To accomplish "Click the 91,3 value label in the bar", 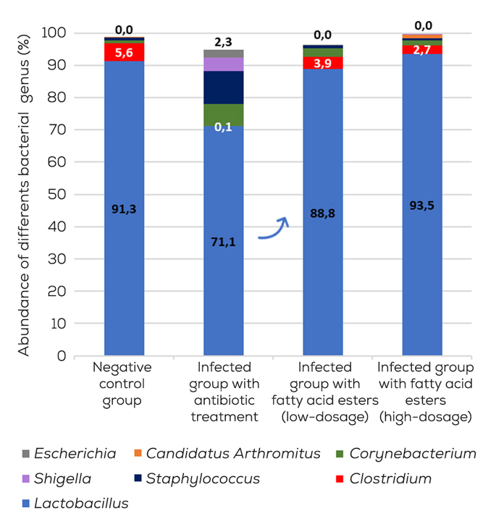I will click(124, 208).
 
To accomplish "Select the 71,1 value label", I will click(223, 241).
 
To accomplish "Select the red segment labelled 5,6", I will click(124, 52).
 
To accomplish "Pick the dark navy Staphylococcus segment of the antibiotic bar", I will click(223, 88).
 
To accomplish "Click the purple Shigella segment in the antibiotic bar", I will click(223, 64).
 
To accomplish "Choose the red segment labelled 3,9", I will click(322, 63).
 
